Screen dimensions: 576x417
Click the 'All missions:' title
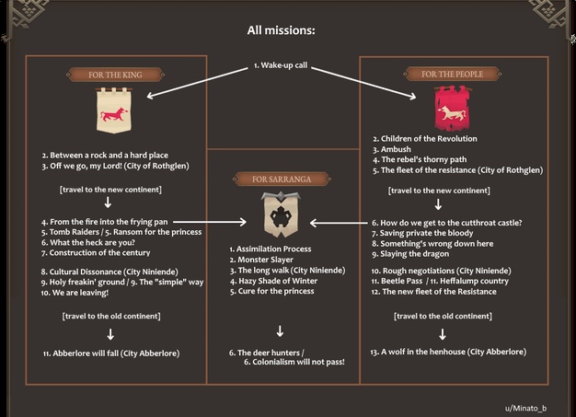pyautogui.click(x=281, y=30)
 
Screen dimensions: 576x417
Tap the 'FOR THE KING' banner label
pyautogui.click(x=115, y=75)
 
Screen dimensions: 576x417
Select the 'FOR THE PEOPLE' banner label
pyautogui.click(x=452, y=75)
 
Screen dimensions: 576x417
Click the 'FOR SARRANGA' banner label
pyautogui.click(x=282, y=180)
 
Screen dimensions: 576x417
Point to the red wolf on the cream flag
pyautogui.click(x=114, y=114)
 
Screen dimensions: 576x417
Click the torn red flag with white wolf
pyautogui.click(x=452, y=109)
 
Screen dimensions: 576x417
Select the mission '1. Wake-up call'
pyautogui.click(x=281, y=65)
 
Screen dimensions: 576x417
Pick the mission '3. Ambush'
pyautogui.click(x=392, y=149)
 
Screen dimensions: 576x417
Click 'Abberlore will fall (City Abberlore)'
pyautogui.click(x=111, y=353)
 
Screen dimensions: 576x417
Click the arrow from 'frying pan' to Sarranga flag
pyautogui.click(x=210, y=222)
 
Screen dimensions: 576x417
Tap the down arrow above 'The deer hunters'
pyautogui.click(x=280, y=331)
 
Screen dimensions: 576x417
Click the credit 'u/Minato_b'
pyautogui.click(x=525, y=408)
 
